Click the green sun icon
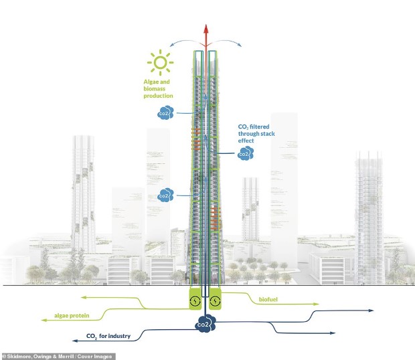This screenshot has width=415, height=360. [x=161, y=62]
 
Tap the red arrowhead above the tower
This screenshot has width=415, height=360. [x=206, y=29]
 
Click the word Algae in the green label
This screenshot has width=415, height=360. [x=151, y=82]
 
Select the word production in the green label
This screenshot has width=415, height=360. [x=158, y=96]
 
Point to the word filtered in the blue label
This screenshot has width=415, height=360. [x=260, y=126]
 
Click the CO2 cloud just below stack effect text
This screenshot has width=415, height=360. [x=246, y=153]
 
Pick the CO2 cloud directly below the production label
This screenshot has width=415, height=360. [x=165, y=112]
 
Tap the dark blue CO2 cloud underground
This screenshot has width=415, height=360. [x=205, y=323]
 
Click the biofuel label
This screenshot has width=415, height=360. [x=268, y=299]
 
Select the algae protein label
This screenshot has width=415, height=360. [x=72, y=316]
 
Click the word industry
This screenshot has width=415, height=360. [x=119, y=336]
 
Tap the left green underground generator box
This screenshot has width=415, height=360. [x=195, y=299]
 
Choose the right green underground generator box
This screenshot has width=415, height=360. [x=215, y=299]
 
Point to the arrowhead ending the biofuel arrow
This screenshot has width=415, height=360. [x=317, y=304]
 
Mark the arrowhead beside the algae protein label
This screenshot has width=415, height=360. [x=44, y=320]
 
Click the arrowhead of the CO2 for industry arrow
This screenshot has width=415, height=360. [x=75, y=341]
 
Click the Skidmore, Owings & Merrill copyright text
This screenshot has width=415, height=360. [x=58, y=357]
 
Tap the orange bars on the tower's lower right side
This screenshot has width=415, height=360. [x=215, y=217]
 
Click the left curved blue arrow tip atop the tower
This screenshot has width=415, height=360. [x=171, y=46]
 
